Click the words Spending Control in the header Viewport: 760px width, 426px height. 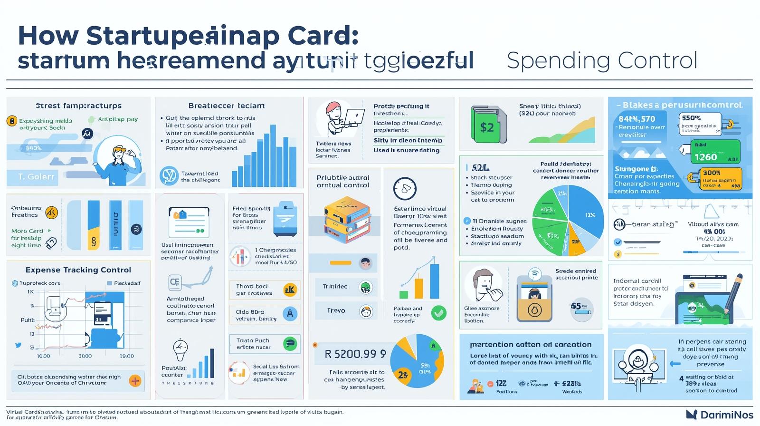click(x=602, y=61)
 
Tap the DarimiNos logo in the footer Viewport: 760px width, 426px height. click(x=720, y=415)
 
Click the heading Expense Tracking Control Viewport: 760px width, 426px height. click(x=78, y=270)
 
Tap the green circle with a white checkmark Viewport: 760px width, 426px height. click(x=438, y=312)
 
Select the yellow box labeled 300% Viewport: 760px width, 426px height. click(x=721, y=178)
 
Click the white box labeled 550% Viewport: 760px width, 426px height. click(x=700, y=124)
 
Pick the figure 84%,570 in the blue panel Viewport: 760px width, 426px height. click(x=636, y=119)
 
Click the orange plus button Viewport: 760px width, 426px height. click(x=135, y=380)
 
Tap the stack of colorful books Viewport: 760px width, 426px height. click(x=346, y=220)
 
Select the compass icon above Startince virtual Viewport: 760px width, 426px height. click(x=405, y=189)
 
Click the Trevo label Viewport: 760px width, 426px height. click(x=336, y=310)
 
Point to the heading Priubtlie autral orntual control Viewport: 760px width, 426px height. click(x=343, y=181)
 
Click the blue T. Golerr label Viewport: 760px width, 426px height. click(x=32, y=177)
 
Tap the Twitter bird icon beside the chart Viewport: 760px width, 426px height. click(x=18, y=345)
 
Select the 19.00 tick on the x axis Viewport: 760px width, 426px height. click(x=126, y=356)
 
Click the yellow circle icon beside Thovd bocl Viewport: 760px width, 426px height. click(x=290, y=289)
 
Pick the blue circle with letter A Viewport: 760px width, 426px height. click(x=290, y=314)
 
